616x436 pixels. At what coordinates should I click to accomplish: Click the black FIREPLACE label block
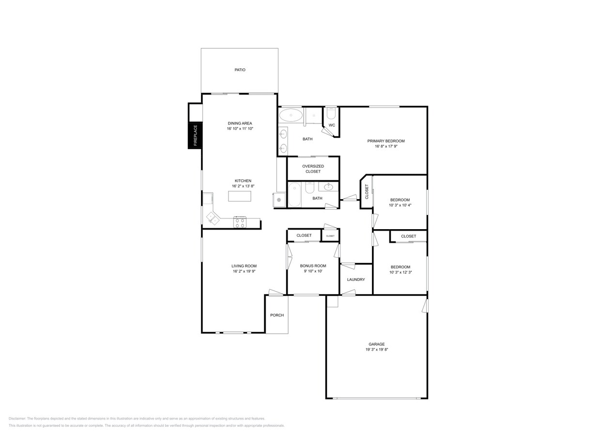(x=195, y=135)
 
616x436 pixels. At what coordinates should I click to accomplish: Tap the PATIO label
(x=240, y=70)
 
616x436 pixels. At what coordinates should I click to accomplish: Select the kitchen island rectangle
(x=240, y=196)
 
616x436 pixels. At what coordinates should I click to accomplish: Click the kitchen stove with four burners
(x=240, y=223)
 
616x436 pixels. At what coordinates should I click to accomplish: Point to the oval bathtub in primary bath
(x=291, y=115)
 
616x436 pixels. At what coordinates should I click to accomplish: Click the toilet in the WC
(x=331, y=113)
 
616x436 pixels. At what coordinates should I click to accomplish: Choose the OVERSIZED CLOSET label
(x=313, y=169)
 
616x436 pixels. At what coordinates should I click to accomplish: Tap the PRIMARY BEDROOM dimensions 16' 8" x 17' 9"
(x=385, y=146)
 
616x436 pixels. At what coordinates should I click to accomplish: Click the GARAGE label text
(x=376, y=344)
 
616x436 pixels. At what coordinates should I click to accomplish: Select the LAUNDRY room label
(x=356, y=280)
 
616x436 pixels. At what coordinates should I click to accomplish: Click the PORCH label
(x=277, y=315)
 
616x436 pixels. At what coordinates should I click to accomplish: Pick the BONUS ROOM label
(x=313, y=265)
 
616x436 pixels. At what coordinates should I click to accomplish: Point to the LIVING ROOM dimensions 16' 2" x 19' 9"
(x=244, y=271)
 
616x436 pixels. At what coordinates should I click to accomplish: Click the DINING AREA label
(x=240, y=123)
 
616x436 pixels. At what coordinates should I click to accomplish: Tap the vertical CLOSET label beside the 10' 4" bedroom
(x=367, y=191)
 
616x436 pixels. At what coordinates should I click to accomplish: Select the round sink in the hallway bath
(x=329, y=187)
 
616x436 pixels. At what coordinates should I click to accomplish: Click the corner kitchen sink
(x=213, y=218)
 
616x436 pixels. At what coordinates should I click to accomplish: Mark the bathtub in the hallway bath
(x=294, y=195)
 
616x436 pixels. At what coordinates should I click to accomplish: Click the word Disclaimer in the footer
(x=17, y=419)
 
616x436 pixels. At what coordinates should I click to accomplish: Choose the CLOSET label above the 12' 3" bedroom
(x=408, y=236)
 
